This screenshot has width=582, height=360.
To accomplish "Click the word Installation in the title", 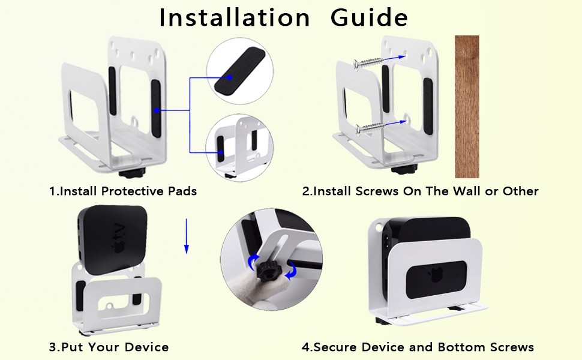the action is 234,17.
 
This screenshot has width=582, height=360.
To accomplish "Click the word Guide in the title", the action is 369,17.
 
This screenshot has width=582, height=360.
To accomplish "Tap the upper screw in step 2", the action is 368,63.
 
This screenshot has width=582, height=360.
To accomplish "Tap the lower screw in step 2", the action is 370,128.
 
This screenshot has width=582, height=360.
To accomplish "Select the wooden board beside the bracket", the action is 467,107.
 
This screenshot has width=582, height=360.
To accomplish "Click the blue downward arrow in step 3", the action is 187,236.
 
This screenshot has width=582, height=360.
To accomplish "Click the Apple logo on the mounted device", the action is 434,275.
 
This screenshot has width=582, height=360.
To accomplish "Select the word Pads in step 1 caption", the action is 182,191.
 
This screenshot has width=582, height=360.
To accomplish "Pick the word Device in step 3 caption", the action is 146,347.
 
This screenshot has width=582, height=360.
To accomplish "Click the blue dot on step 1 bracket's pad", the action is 157,110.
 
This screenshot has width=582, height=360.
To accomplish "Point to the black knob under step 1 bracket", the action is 131,172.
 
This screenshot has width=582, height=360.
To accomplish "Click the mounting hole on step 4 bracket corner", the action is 379,225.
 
